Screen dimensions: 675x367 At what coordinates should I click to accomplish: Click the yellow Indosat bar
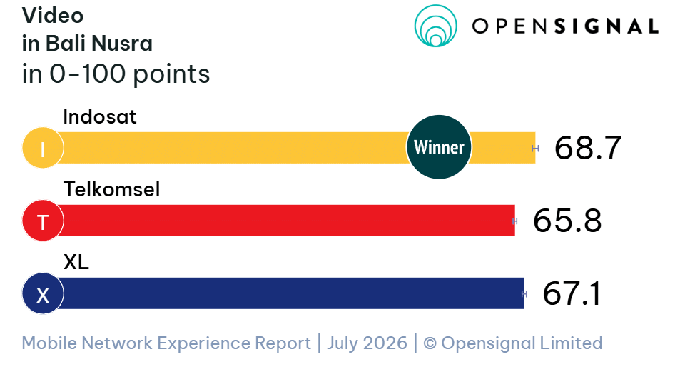[233, 148]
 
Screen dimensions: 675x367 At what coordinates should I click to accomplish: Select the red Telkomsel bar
[284, 221]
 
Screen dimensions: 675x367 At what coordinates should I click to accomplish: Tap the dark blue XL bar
[288, 293]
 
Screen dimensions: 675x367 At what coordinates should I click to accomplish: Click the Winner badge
[439, 147]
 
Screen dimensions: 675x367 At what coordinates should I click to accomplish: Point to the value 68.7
[588, 149]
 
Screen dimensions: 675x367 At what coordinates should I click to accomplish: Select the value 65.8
[567, 221]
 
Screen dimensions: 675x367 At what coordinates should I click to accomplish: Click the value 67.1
[572, 293]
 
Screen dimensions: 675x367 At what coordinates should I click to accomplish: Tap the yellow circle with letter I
[43, 148]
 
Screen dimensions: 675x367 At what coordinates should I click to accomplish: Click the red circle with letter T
[43, 221]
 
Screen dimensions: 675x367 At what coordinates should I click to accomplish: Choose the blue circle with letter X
[43, 293]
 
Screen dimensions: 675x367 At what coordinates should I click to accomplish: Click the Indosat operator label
[100, 116]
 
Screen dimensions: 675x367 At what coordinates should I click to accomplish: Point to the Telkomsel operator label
[111, 189]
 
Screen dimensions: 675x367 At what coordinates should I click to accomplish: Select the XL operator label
[76, 262]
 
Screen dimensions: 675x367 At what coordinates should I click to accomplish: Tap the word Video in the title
[53, 16]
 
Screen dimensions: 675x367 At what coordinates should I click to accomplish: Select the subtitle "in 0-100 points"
[116, 74]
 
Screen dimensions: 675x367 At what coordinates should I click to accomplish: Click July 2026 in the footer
[367, 343]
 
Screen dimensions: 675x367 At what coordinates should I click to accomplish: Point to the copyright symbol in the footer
[430, 343]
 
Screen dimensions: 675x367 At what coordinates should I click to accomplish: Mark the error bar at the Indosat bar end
[535, 149]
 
